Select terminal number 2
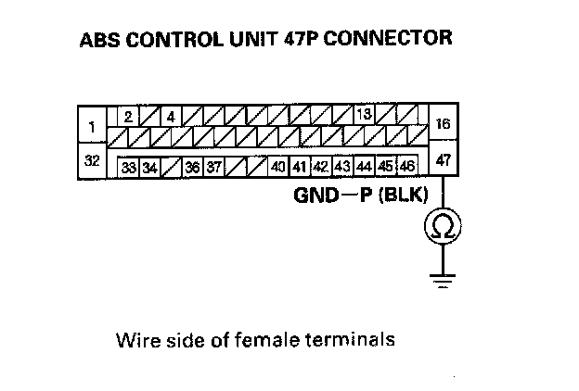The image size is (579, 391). [129, 117]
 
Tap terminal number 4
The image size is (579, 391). [171, 117]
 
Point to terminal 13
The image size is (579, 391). [364, 115]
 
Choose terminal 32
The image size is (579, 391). [92, 160]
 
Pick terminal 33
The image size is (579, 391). [129, 168]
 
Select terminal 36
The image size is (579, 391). [192, 168]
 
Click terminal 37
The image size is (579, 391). [213, 168]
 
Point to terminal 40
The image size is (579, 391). [277, 167]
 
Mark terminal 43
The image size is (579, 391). [341, 167]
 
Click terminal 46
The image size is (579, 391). [406, 167]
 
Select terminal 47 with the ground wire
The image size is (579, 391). [444, 160]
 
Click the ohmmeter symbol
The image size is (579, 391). [444, 225]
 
